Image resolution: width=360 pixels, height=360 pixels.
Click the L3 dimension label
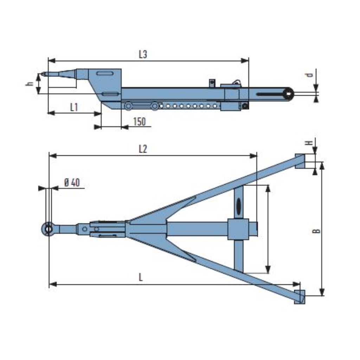142,54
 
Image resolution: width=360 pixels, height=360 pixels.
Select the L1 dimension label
73,107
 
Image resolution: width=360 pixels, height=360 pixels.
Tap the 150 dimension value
140,122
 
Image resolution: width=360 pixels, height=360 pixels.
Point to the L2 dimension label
142,149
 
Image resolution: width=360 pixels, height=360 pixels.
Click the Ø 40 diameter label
72,182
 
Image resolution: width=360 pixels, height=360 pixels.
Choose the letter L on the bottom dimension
141,277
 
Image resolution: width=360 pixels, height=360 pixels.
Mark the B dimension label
316,231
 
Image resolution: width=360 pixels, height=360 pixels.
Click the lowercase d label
309,75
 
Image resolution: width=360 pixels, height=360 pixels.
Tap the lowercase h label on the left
31,83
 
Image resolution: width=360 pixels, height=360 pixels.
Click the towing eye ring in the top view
48,229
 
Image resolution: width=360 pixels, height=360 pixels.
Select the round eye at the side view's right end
289,94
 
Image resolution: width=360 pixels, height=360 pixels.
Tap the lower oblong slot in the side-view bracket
110,94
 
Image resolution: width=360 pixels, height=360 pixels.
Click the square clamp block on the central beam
238,229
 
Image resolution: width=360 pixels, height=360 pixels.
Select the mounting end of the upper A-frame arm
300,161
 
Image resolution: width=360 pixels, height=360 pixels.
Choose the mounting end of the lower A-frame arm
300,297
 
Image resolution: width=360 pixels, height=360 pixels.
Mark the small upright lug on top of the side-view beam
212,83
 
